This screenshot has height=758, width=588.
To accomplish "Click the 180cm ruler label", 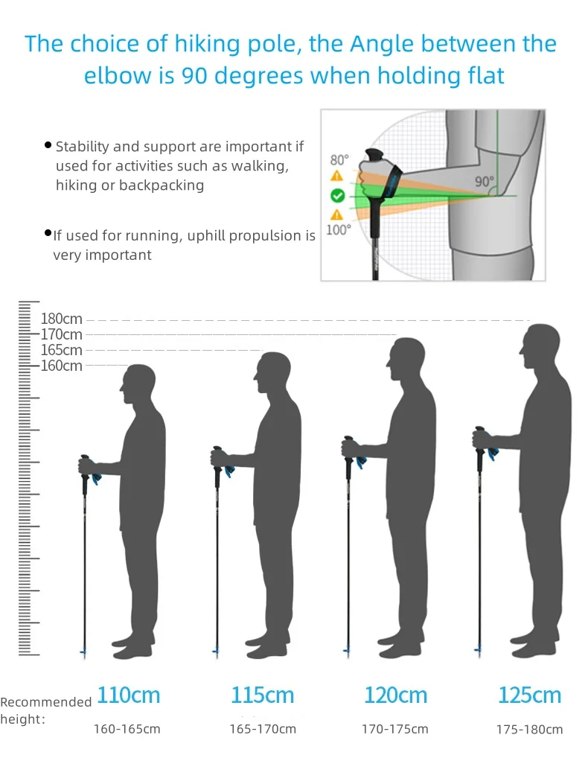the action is (x=62, y=319).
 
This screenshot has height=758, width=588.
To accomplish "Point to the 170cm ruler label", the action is (x=62, y=335).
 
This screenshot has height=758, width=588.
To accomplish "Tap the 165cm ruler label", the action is (x=62, y=350).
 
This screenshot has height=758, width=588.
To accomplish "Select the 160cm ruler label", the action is (x=62, y=366).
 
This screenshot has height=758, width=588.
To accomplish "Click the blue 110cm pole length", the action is (x=129, y=695).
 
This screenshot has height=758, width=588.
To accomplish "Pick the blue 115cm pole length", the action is (x=263, y=695).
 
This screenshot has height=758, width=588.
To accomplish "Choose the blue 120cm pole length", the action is (x=396, y=695).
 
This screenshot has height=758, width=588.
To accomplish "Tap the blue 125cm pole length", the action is (x=529, y=695).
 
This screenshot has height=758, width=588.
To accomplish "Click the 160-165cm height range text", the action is (x=127, y=729).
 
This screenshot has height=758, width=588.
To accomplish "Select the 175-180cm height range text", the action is (x=529, y=730).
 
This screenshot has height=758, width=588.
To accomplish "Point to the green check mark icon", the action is (x=337, y=196).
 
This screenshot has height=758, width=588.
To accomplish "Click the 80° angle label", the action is (x=339, y=159).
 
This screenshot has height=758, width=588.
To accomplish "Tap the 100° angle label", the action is (x=338, y=230).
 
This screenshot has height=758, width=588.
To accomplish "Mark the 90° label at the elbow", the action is (x=484, y=181).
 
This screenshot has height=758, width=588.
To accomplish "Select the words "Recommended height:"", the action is (x=45, y=710).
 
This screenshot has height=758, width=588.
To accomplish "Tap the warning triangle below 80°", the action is (x=337, y=176).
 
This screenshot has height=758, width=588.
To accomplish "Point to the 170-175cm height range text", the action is (x=395, y=729).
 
